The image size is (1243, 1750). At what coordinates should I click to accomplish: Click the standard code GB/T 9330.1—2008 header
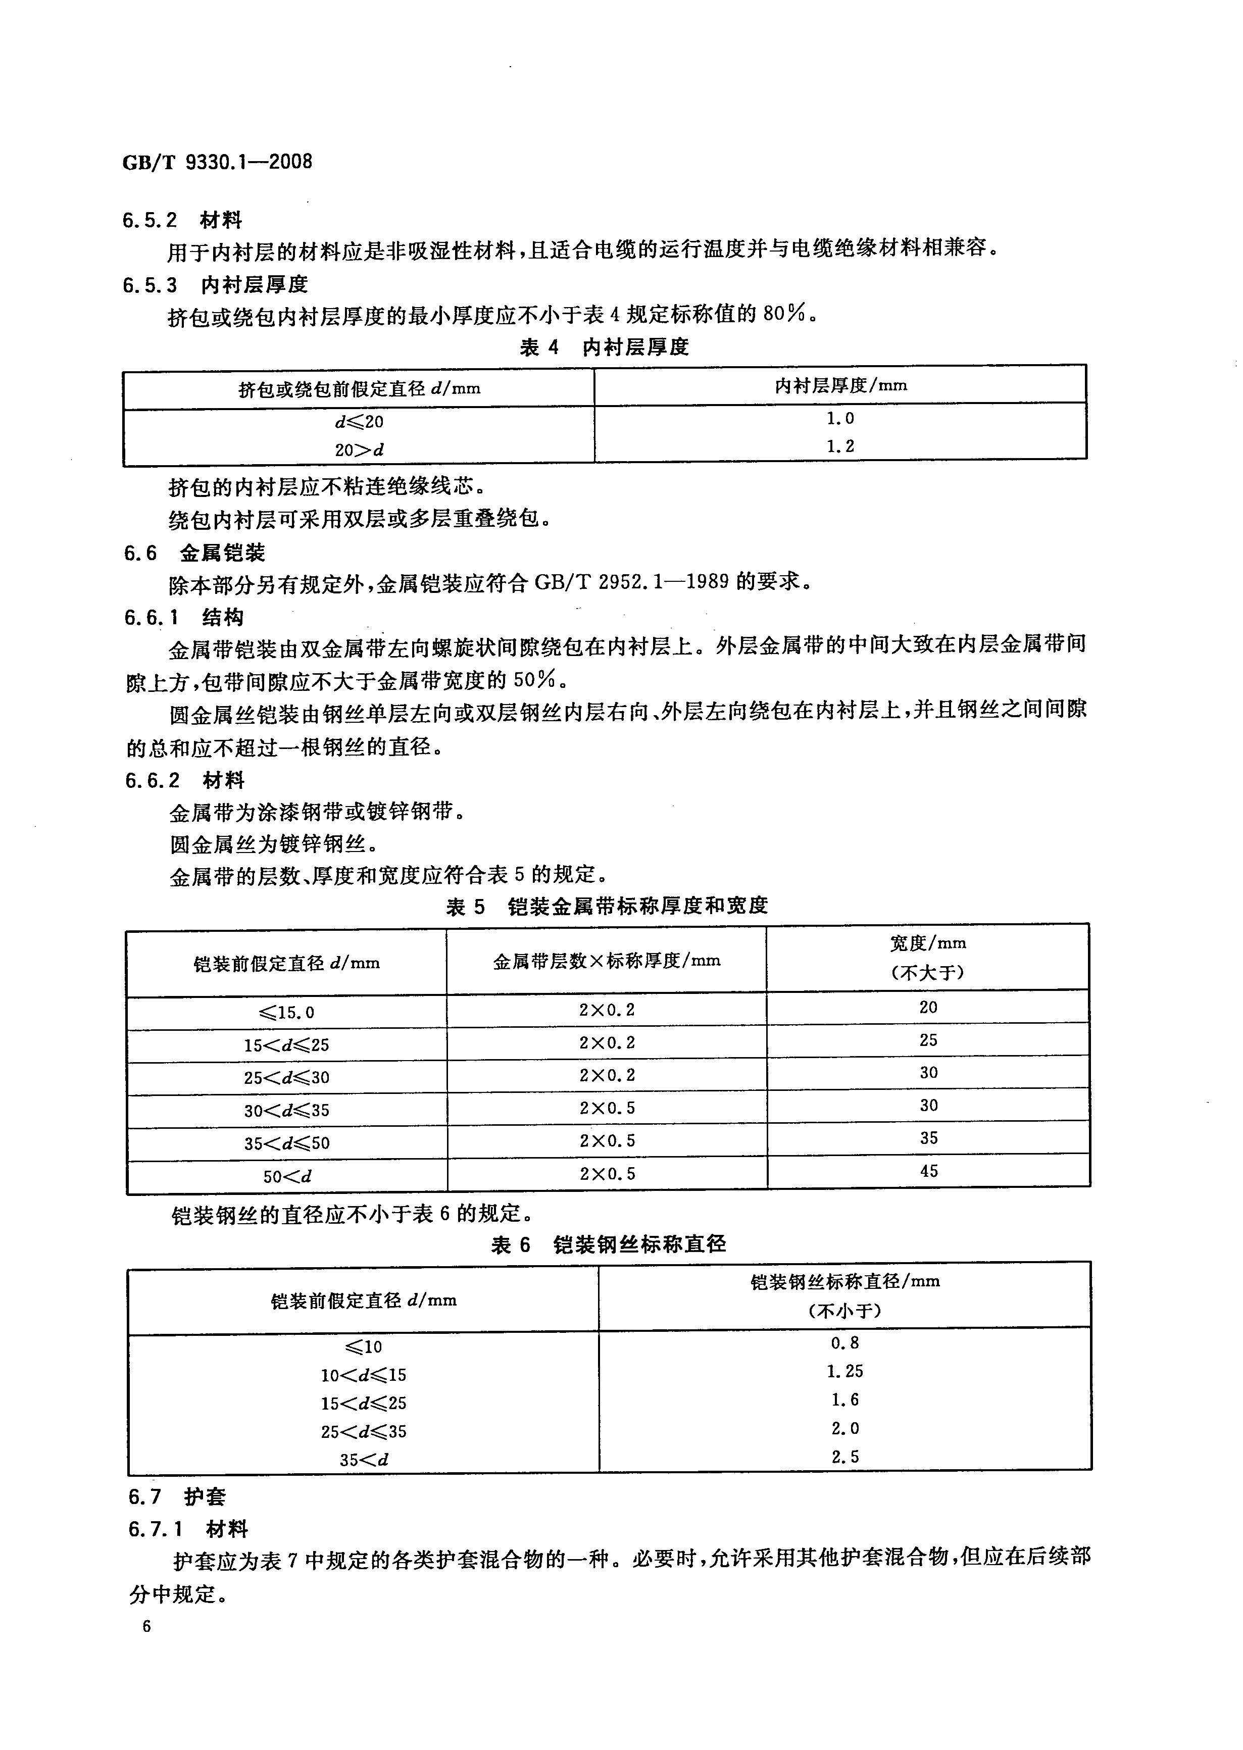217,162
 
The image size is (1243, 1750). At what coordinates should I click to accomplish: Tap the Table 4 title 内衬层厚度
604,347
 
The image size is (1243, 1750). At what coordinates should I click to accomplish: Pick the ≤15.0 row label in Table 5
286,1012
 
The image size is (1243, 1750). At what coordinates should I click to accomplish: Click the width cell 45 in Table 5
928,1171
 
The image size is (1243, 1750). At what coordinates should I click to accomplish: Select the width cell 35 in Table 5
928,1138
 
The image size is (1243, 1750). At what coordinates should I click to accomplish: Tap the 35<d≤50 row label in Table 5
286,1143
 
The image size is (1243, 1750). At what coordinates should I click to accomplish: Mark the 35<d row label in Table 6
364,1459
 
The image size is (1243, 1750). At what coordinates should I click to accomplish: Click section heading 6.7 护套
177,1497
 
